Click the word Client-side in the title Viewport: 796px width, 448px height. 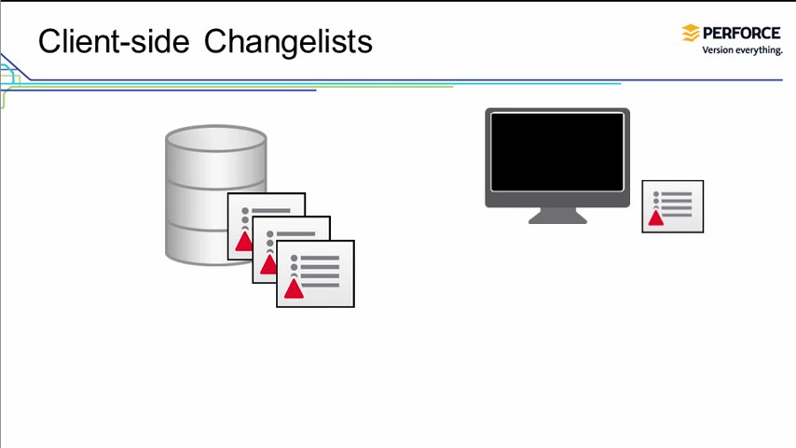114,42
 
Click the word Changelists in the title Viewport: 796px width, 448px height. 288,42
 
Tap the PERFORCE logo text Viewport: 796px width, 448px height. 742,33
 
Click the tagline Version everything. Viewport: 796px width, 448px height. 742,49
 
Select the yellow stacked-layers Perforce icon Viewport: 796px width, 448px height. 691,34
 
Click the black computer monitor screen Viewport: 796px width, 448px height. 556,151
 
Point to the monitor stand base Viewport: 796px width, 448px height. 557,218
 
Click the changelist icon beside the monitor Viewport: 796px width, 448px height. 672,206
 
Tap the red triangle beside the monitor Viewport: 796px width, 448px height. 656,218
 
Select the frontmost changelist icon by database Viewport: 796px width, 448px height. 315,273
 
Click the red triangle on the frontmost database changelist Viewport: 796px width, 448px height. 294,288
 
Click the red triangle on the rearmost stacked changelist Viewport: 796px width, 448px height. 243,242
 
